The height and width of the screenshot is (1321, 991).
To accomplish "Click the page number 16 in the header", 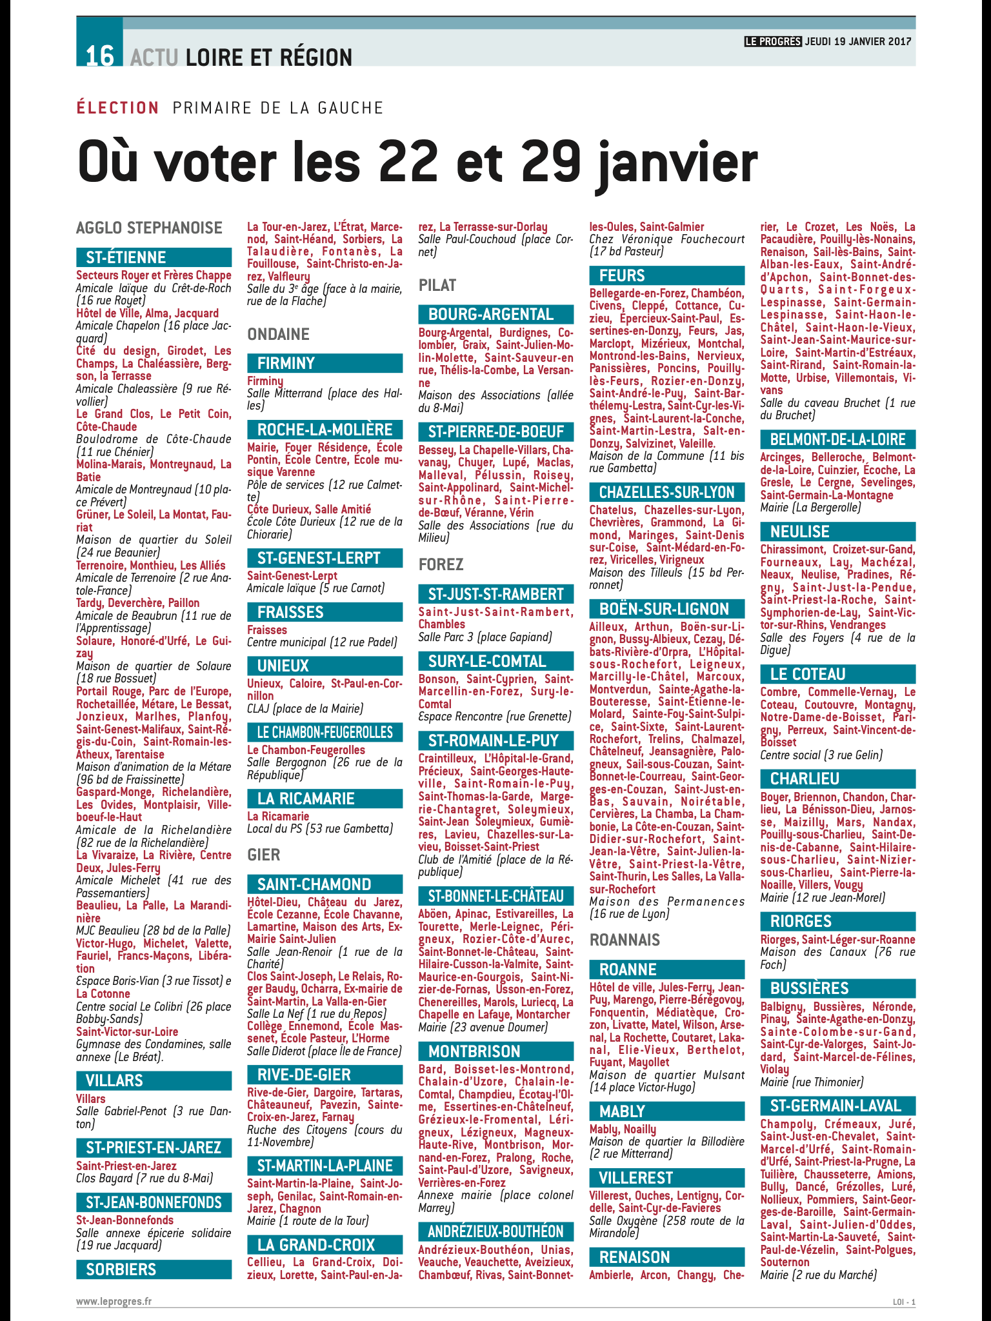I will pos(99,56).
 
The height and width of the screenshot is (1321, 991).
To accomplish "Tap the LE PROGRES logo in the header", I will pos(773,41).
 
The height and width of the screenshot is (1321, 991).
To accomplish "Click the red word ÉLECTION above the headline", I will pos(117,108).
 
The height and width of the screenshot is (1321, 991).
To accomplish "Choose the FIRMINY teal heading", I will pos(286,363).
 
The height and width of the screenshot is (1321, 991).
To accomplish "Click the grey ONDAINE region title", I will pos(278,334).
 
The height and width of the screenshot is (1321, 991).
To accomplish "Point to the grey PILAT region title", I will pos(437,285).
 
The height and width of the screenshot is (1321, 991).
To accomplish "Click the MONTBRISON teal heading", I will pos(474,1051).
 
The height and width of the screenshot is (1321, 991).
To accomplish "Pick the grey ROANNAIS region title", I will pos(625,940).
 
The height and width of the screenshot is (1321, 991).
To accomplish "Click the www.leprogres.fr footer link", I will pos(114,1301).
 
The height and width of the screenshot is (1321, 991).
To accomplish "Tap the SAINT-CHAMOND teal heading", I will pos(314,884).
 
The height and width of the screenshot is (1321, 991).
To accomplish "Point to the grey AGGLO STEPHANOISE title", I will pos(149,228).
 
